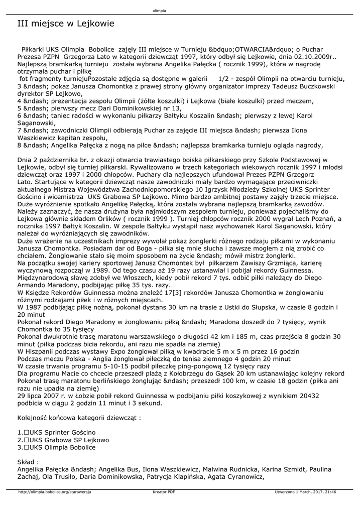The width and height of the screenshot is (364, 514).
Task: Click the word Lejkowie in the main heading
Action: tap(92, 24)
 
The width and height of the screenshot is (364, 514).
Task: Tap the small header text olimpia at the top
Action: tap(159, 10)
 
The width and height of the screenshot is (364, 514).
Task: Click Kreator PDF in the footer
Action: tap(164, 492)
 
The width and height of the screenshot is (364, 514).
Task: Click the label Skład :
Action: tap(28, 462)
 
